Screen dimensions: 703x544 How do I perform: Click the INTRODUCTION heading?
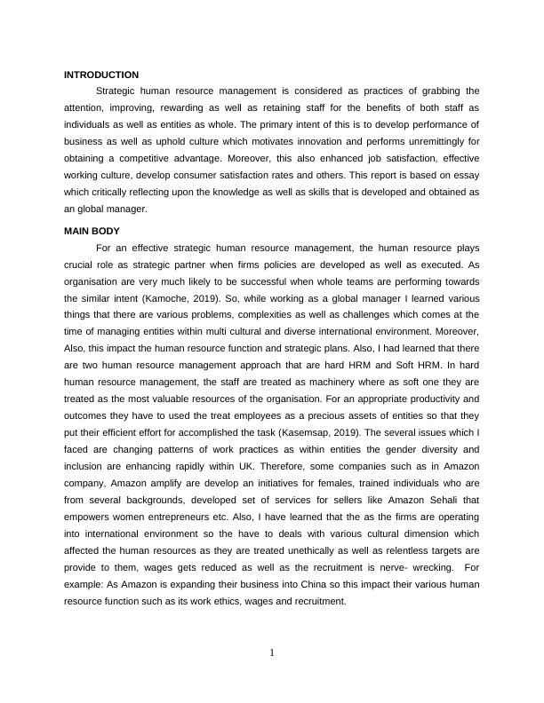tap(101, 75)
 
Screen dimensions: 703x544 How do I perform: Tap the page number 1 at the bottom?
tap(272, 654)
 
